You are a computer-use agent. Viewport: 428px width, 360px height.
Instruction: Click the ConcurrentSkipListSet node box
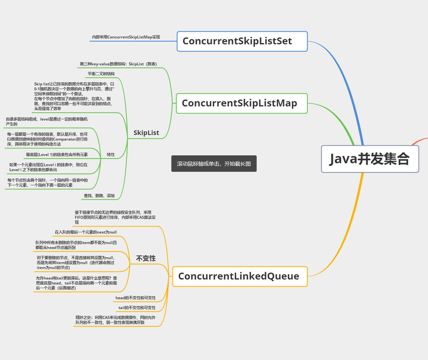pos(242,41)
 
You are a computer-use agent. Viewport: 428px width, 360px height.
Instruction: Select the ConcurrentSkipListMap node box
pos(242,103)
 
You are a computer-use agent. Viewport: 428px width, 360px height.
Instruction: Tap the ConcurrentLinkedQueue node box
pos(240,277)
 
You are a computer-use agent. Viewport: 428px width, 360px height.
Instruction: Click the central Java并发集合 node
pos(370,159)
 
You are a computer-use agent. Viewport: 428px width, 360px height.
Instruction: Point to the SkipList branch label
pos(146,133)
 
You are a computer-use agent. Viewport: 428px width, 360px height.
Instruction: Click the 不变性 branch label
pos(146,259)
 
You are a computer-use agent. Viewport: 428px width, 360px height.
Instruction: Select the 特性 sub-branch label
pos(111,155)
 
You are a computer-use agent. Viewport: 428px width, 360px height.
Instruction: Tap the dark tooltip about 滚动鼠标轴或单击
pos(214,164)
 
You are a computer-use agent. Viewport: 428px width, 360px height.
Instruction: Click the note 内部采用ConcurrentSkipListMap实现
pos(126,37)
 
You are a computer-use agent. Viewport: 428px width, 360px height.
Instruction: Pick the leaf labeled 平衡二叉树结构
pos(101,74)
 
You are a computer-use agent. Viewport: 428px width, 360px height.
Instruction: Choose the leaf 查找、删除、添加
pos(99,196)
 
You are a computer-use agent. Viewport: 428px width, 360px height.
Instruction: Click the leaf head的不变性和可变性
pos(136,298)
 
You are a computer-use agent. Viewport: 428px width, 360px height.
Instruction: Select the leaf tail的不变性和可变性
pos(137,308)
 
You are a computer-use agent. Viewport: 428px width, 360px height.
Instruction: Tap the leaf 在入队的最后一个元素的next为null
pos(86,232)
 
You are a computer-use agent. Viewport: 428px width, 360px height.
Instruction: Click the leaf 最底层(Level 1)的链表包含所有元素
pos(57,155)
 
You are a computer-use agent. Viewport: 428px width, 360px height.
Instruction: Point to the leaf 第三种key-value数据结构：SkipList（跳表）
pos(118,64)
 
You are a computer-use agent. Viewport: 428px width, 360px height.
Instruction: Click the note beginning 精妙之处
pos(116,320)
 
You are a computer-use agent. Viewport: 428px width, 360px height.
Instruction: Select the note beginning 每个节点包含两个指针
pos(48,183)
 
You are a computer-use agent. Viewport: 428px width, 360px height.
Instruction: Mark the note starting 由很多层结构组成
pos(47,122)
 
